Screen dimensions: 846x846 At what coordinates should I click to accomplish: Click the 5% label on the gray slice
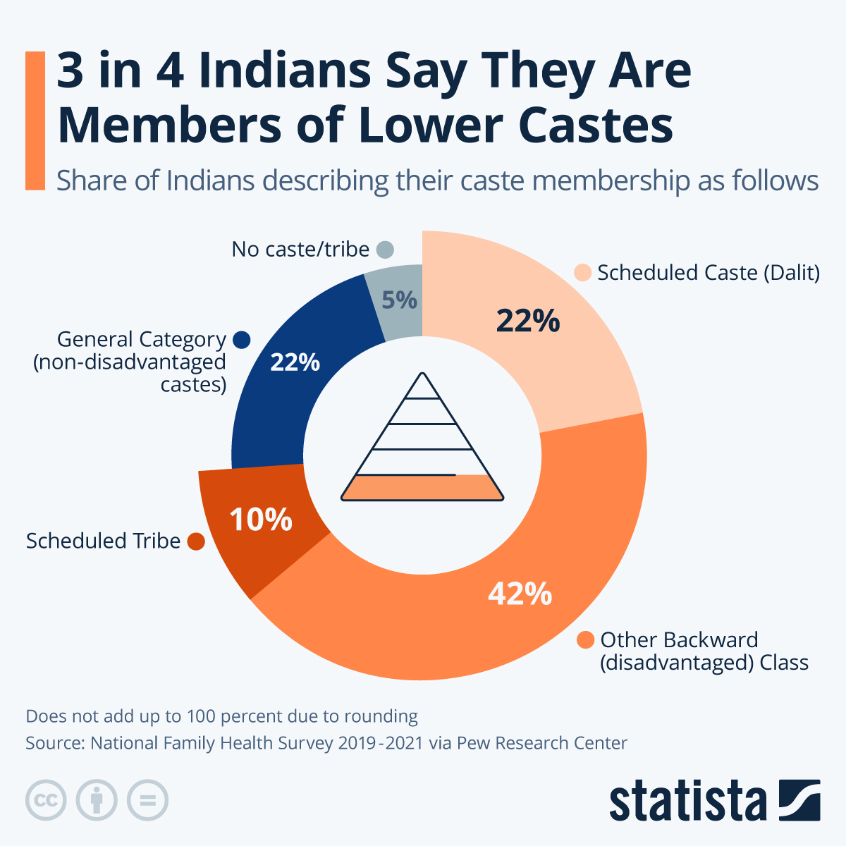pyautogui.click(x=399, y=300)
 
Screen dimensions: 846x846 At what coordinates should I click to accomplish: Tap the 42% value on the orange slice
pyautogui.click(x=520, y=594)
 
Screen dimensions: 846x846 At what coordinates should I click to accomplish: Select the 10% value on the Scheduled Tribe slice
pyautogui.click(x=261, y=520)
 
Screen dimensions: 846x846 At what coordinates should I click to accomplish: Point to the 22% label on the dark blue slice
pyautogui.click(x=295, y=362)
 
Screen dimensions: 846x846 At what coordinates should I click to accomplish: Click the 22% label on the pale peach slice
pyautogui.click(x=527, y=321)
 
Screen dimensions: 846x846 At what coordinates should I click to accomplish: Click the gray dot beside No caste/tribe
pyautogui.click(x=385, y=250)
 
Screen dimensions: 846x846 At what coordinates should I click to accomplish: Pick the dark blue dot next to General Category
pyautogui.click(x=241, y=340)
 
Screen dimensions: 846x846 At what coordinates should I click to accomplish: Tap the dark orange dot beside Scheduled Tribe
pyautogui.click(x=196, y=541)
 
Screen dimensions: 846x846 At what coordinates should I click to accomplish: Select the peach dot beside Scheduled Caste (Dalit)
pyautogui.click(x=582, y=273)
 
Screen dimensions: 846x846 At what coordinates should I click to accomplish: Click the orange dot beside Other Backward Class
pyautogui.click(x=585, y=640)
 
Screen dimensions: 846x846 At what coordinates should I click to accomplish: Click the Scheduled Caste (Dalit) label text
pyautogui.click(x=708, y=273)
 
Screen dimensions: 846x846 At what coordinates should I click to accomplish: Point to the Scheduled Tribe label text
pyautogui.click(x=104, y=541)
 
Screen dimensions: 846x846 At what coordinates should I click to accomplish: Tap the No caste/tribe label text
pyautogui.click(x=300, y=250)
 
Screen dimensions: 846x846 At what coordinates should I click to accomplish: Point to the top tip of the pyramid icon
pyautogui.click(x=422, y=374)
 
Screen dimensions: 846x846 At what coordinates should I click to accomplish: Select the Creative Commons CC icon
pyautogui.click(x=46, y=800)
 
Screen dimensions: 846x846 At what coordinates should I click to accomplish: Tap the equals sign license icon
pyautogui.click(x=147, y=800)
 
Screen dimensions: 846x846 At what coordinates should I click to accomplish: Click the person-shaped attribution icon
pyautogui.click(x=97, y=800)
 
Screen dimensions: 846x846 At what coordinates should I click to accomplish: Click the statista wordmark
pyautogui.click(x=688, y=801)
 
